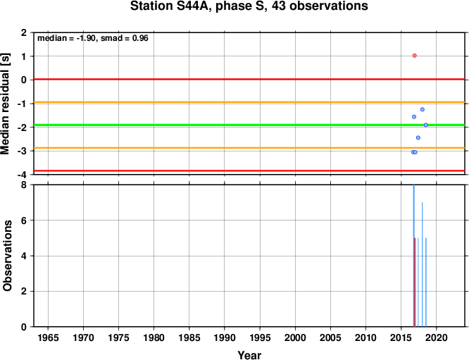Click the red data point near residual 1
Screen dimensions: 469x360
pos(414,56)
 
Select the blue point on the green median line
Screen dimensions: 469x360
pos(426,125)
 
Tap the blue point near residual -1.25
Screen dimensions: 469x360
pos(423,109)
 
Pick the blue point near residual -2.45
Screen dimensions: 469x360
pos(418,137)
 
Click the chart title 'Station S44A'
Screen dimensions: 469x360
pos(171,6)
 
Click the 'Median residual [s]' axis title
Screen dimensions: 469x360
pos(6,104)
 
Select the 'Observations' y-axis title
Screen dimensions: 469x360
pos(7,256)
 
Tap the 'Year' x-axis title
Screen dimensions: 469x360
pos(249,355)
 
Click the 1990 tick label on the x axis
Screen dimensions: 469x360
pos(225,338)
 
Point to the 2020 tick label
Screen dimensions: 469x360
pos(437,338)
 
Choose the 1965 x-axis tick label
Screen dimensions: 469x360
pos(48,338)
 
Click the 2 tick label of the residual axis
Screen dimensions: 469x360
pos(24,32)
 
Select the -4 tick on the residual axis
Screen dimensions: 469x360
pos(22,174)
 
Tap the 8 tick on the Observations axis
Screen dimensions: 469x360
pos(24,185)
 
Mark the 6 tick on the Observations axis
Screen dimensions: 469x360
pos(24,221)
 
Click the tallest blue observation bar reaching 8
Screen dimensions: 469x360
pos(413,256)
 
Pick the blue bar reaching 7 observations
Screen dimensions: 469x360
pos(423,264)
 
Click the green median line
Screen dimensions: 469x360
pos(249,125)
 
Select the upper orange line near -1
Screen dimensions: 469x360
pos(249,102)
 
